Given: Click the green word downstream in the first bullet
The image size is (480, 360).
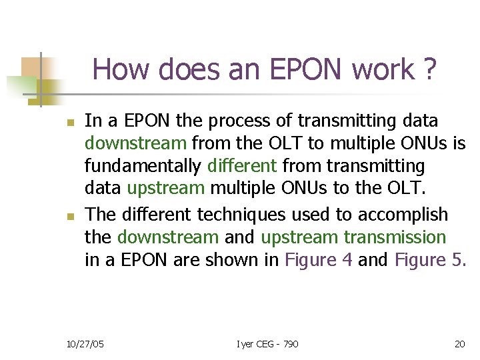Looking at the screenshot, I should [135, 143].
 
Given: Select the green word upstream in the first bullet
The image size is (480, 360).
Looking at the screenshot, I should [165, 187].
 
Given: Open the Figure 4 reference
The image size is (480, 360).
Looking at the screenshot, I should [319, 259].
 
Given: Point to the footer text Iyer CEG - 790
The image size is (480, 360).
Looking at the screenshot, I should [267, 343].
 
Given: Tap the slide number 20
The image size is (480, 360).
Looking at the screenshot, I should [459, 343].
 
